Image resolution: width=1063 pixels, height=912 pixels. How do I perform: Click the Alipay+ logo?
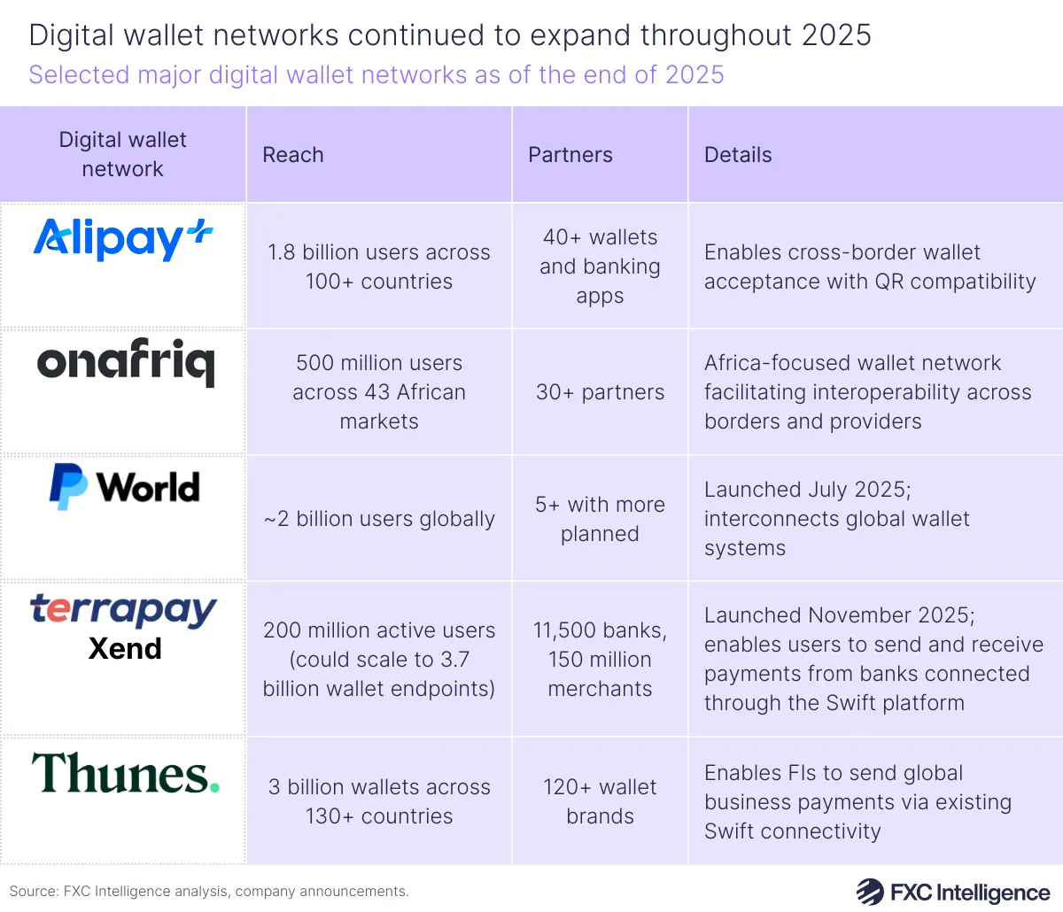123,239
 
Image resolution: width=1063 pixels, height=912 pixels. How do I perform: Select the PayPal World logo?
124,487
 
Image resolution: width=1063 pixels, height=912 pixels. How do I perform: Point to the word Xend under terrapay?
125,649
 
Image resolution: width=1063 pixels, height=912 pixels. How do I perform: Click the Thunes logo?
125,773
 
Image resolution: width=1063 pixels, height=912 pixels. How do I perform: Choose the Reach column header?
293,155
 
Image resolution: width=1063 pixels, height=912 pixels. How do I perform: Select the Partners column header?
570,155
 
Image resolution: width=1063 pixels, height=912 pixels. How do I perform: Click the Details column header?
738,155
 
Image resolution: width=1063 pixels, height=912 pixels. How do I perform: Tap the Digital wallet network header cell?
123,154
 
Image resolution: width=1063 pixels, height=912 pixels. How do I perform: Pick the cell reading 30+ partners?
600,392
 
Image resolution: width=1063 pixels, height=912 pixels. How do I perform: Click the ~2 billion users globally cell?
379,519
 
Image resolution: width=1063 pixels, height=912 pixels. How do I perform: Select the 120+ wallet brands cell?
600,801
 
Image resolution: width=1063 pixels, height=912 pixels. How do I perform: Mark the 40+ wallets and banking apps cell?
600,267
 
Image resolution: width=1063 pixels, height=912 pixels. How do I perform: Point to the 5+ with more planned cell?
600,519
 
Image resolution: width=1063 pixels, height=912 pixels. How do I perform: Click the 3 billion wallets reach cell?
379,801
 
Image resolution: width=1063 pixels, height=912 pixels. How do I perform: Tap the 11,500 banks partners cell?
600,660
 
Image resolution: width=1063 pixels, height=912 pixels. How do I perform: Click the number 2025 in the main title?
836,35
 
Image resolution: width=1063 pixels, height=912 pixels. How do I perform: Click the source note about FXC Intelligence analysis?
209,892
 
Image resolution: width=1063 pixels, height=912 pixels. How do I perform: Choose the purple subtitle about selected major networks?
376,74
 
